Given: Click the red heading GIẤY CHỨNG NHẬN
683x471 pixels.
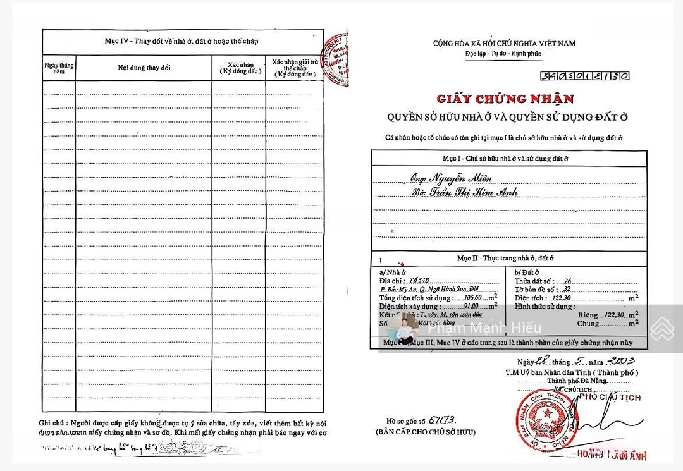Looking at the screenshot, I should point(505,99).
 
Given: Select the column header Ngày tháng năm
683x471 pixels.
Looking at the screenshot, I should point(59,68).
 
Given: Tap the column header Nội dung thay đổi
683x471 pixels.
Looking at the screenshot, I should point(144,68).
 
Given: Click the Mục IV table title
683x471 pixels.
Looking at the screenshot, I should point(182,41).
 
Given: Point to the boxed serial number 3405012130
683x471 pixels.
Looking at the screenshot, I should point(585,76).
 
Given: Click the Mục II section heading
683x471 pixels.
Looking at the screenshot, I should point(505,259).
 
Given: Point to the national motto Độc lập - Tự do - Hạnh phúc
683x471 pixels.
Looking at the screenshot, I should point(504,54).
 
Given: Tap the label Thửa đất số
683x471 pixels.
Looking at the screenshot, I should point(534,281).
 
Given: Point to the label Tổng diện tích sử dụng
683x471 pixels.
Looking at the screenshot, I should point(415,297).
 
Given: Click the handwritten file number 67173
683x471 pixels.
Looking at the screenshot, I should point(442,420).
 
